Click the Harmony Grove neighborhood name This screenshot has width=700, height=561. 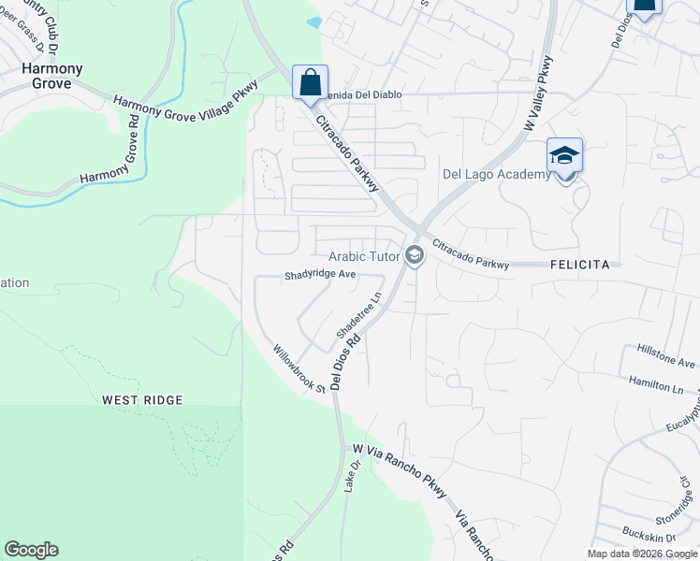52,77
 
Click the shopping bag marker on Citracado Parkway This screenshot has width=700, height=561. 309,83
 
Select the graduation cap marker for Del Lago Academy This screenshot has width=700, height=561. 564,155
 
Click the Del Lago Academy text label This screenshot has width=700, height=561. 496,175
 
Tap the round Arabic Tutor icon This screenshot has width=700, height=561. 414,255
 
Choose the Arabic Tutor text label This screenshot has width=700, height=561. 364,256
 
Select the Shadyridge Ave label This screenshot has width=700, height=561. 321,276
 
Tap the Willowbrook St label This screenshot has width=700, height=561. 299,369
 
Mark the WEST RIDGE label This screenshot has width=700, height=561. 142,400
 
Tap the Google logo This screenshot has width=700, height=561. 31,550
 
